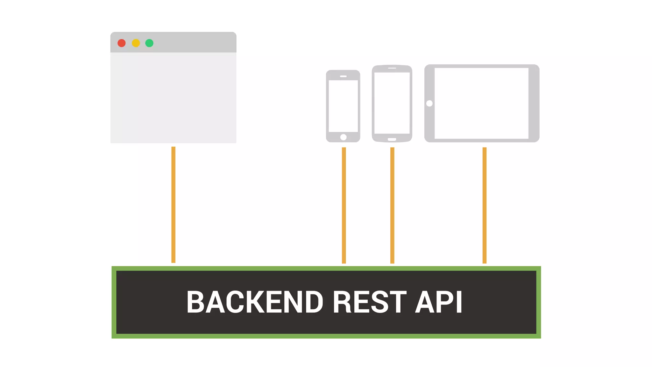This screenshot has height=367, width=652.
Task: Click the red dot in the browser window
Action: click(x=122, y=43)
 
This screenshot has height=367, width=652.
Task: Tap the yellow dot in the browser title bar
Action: click(x=136, y=43)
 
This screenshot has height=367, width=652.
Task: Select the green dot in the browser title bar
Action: click(x=149, y=43)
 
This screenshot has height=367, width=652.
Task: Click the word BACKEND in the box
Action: click(x=255, y=302)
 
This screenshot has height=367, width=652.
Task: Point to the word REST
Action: click(x=370, y=302)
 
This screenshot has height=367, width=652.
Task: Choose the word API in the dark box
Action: click(x=439, y=302)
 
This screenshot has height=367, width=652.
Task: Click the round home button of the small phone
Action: click(x=344, y=137)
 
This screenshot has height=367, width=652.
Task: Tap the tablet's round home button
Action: click(x=429, y=103)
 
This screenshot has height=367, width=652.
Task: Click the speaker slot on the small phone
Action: click(x=343, y=76)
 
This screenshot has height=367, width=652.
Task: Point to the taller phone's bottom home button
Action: click(x=392, y=139)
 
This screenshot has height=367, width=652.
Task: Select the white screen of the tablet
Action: click(x=481, y=103)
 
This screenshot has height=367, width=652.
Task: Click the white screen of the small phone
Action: click(x=343, y=106)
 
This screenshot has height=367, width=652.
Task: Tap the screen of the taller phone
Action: click(x=392, y=103)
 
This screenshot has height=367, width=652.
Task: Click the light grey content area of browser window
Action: click(x=174, y=97)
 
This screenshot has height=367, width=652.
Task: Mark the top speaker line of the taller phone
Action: click(x=392, y=68)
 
